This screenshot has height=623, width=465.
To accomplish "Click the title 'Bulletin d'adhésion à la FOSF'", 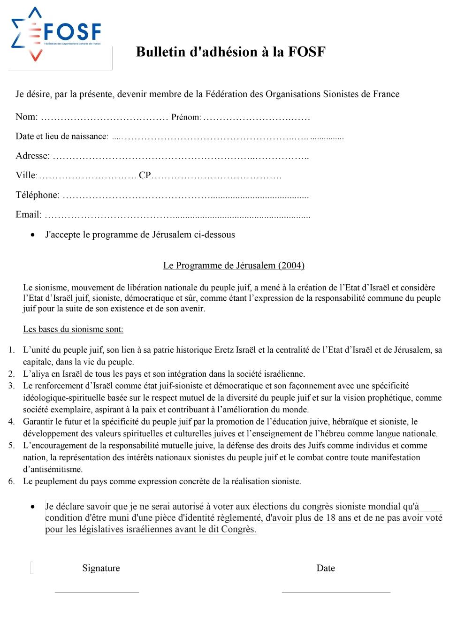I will click(x=230, y=52).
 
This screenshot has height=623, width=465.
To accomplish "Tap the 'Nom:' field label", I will click(x=26, y=117).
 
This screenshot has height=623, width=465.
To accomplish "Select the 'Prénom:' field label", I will click(x=186, y=117).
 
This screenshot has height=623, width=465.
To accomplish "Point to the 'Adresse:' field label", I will click(x=32, y=156).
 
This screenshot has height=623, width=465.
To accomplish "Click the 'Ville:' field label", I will click(x=26, y=175).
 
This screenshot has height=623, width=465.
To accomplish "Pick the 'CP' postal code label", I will click(x=145, y=175).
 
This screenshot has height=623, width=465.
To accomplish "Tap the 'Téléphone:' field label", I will click(x=38, y=195).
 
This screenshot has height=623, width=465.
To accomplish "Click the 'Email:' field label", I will click(x=29, y=215).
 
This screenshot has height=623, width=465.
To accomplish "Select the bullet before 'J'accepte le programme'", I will click(x=32, y=235).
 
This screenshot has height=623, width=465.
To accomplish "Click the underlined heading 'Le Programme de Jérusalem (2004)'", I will click(x=234, y=266).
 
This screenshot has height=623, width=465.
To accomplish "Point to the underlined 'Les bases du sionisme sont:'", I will click(x=73, y=329).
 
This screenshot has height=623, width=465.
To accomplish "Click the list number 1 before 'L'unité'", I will click(x=11, y=350).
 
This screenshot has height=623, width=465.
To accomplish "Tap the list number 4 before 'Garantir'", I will click(x=11, y=422).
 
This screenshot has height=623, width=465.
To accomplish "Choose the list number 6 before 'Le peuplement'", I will click(x=11, y=481).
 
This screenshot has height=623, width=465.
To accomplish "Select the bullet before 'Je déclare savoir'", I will click(x=32, y=507).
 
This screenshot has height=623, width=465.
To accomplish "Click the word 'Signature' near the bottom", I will click(x=101, y=568).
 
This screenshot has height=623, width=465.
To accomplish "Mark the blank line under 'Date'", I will click(x=336, y=592).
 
